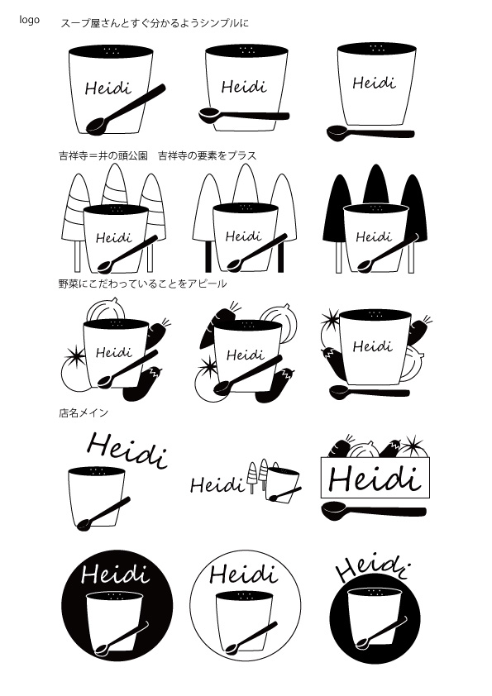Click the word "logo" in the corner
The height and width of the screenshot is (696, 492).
29,20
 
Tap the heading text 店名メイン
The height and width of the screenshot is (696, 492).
84,412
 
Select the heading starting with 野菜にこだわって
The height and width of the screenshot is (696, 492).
142,284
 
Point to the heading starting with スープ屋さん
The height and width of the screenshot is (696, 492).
155,23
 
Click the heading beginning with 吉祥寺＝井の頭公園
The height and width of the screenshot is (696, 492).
158,155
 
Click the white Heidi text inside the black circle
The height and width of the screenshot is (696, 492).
115,574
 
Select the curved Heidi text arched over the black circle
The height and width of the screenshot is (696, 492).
372,568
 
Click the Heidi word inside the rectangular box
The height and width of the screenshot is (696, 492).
375,479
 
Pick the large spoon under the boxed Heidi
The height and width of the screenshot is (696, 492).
374,510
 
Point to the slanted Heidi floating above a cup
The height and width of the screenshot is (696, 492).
127,450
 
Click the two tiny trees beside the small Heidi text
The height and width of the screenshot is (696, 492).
257,476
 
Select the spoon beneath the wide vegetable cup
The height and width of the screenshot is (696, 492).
370,392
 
